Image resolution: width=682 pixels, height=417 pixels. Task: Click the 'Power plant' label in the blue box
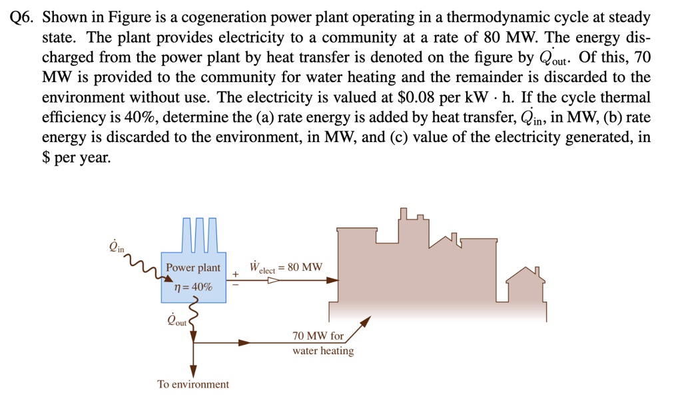(193, 268)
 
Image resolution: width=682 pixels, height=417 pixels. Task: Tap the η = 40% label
(193, 287)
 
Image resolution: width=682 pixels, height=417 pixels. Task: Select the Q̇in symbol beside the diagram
(116, 248)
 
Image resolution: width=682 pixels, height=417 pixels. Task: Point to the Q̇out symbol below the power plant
(177, 320)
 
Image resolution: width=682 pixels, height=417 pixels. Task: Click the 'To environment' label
(193, 384)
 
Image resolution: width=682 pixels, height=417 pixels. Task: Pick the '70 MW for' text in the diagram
(318, 336)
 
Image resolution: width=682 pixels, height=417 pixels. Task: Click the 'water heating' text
(323, 351)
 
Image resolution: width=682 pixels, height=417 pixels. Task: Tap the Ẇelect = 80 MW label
(286, 268)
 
